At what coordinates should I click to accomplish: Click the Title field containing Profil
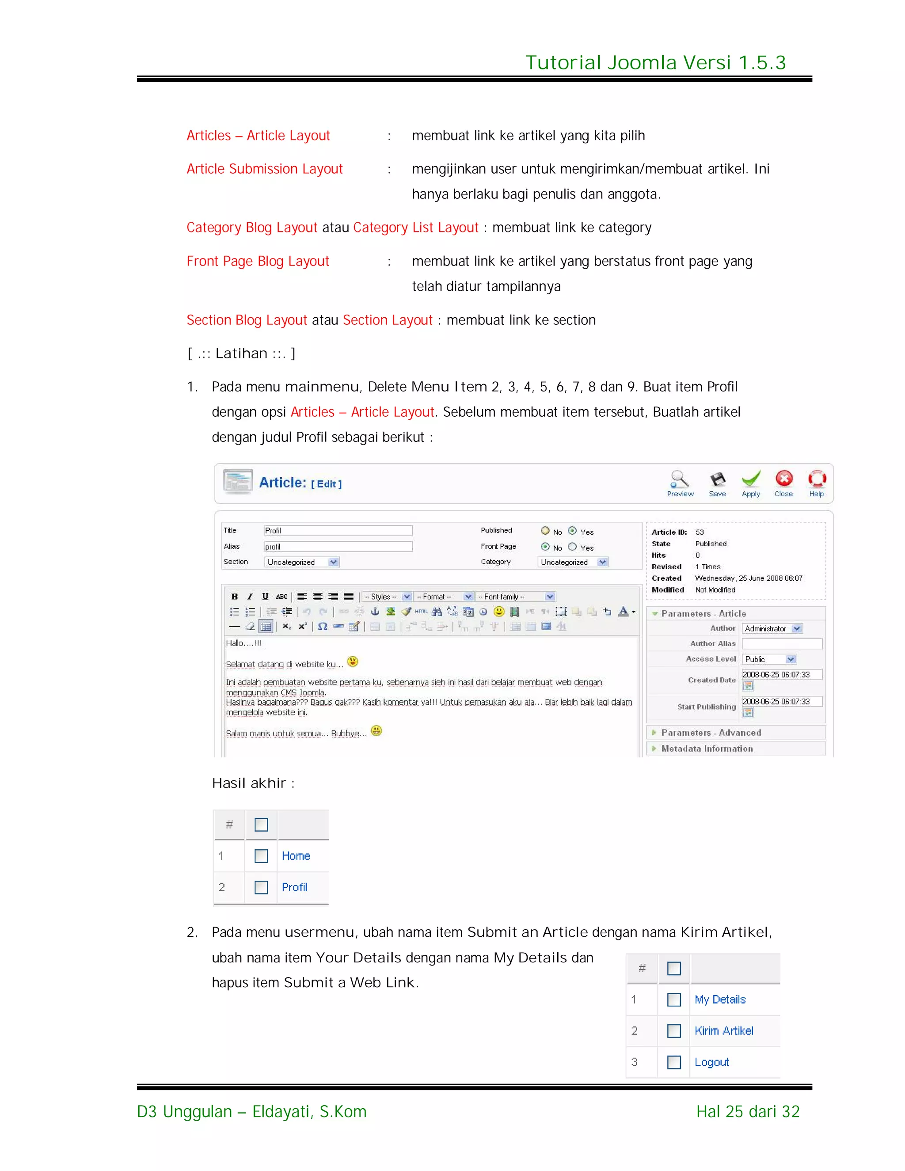coord(338,531)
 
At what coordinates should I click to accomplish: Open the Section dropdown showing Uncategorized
coord(302,562)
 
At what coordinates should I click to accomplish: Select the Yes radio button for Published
coord(572,531)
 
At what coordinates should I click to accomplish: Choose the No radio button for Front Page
coord(545,547)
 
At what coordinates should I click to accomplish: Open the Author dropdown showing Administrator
coord(772,628)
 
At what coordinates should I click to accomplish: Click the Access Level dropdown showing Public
coord(769,659)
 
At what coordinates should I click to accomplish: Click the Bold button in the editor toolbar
coord(234,596)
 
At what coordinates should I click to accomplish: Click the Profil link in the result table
coord(294,887)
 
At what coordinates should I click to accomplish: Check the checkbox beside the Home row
coord(261,856)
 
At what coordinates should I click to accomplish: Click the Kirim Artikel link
coord(724,1030)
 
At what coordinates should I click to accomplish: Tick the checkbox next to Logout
coord(674,1062)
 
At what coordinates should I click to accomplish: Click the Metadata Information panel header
coord(707,749)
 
